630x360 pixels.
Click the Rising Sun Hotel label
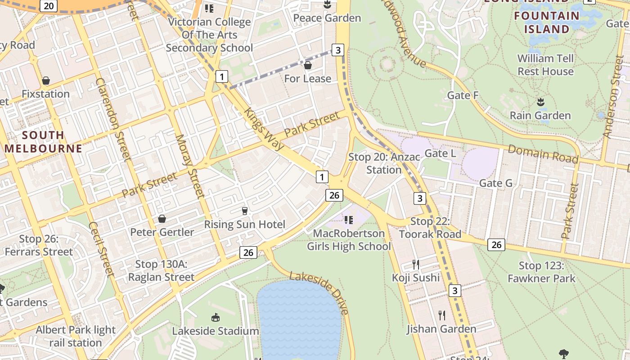[244, 225]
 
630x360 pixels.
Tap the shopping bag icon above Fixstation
[45, 81]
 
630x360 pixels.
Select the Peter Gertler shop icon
[162, 219]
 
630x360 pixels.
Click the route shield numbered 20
[49, 6]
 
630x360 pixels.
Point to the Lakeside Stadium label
[216, 331]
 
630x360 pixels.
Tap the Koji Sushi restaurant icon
[416, 264]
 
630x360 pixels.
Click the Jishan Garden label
[441, 329]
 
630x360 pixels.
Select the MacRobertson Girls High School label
[349, 240]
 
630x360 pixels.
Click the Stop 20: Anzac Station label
[384, 163]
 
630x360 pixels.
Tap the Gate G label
[495, 183]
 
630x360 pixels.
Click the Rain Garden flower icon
[540, 102]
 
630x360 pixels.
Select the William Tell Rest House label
[545, 65]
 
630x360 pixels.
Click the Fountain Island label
[547, 22]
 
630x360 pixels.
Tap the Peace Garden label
[327, 18]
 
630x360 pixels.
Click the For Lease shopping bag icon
[308, 66]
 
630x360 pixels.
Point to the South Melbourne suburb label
[43, 142]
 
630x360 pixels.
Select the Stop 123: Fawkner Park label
[541, 272]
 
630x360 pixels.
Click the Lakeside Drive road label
[319, 292]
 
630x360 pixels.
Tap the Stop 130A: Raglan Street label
[161, 270]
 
